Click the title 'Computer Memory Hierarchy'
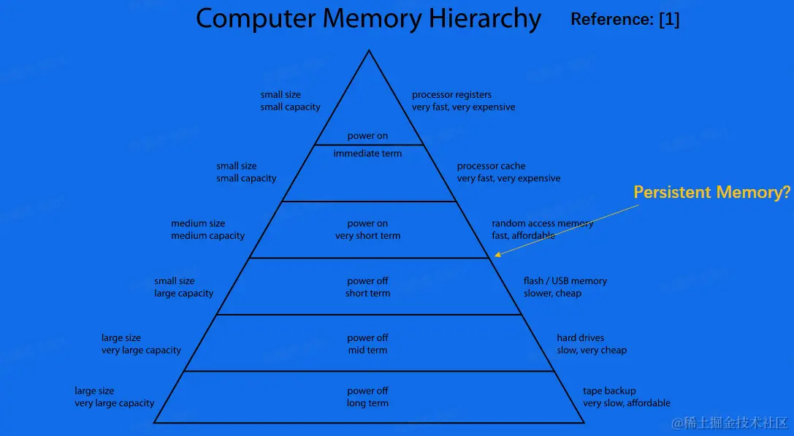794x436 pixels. [368, 19]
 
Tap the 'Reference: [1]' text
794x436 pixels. [625, 20]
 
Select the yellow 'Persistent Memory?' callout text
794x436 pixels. [711, 192]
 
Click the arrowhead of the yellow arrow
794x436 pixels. [497, 255]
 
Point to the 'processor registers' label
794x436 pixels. [451, 95]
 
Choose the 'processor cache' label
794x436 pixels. [491, 167]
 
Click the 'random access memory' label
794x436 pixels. [542, 223]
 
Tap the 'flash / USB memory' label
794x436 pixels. [565, 281]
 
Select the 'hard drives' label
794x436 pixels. [580, 338]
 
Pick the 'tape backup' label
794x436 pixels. [609, 391]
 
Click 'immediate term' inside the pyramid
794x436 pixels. [367, 153]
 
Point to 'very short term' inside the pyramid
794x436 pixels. [367, 236]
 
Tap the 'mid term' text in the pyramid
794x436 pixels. [367, 351]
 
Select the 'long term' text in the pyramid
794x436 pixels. [367, 403]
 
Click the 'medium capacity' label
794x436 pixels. [207, 236]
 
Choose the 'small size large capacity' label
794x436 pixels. [183, 287]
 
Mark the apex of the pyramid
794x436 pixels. [369, 50]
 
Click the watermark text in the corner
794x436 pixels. [730, 423]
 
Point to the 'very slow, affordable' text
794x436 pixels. [626, 403]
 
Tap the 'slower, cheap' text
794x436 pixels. [552, 294]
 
